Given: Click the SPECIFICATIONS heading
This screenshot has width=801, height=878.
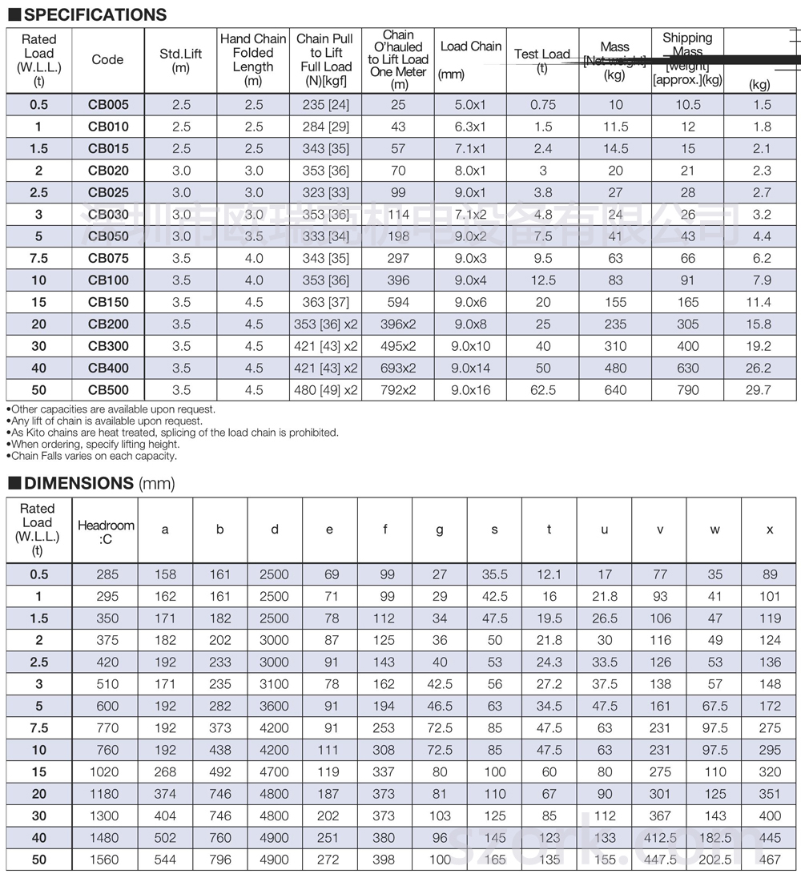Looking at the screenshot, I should [94, 14].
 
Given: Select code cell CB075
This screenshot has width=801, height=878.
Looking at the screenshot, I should [108, 258].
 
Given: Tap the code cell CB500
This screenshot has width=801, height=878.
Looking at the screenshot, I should [108, 390].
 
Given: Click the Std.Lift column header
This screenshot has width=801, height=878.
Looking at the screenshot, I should [181, 60].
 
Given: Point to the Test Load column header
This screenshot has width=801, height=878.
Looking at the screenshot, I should [542, 60].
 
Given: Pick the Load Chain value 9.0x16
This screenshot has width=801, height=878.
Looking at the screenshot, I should [470, 390].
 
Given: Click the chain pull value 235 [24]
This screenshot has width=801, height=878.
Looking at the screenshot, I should [325, 104].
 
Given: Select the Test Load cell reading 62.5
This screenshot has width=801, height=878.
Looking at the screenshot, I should [542, 390].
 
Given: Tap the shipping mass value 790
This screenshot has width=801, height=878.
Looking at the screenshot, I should [687, 390].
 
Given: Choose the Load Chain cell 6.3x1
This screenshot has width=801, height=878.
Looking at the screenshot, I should [470, 127].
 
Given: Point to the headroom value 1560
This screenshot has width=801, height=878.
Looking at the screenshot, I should [106, 860].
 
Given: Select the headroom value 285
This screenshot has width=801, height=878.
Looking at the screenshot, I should [106, 574].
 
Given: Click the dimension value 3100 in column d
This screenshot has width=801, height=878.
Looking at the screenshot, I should [275, 684].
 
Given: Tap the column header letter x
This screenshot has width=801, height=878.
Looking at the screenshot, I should [770, 530].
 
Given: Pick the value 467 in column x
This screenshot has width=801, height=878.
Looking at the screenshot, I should [770, 860].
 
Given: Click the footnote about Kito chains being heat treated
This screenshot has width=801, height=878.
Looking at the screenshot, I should [173, 433].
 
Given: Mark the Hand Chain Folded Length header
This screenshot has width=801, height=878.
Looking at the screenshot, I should [253, 60].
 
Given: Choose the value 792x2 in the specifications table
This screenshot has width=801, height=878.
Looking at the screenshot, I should [398, 390].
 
